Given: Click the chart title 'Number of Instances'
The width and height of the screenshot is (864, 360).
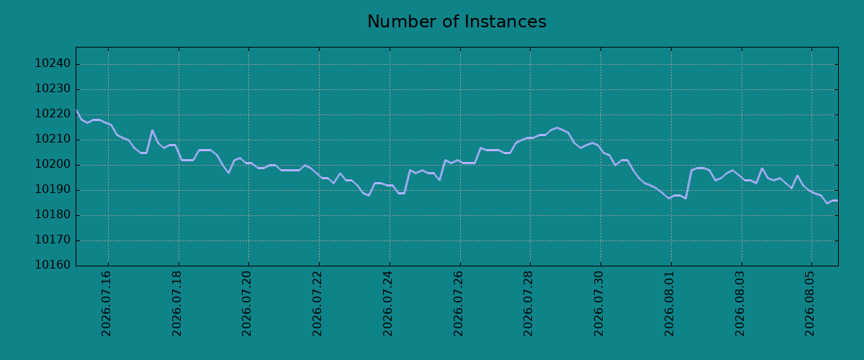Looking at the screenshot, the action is click(x=456, y=22).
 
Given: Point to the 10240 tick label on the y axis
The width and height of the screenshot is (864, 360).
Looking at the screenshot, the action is click(x=53, y=63).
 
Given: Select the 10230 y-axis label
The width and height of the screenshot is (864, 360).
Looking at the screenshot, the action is click(x=53, y=89).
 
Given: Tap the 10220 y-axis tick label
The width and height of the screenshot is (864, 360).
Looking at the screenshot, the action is click(x=53, y=114).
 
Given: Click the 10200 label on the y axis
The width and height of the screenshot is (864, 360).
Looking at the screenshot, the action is click(x=53, y=164).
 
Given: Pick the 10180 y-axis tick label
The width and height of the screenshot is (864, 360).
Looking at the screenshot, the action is click(x=53, y=215).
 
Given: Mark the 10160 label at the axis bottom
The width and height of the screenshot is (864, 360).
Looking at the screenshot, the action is click(x=53, y=265).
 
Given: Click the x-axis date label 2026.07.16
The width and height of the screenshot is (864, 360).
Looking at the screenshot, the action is click(x=106, y=304).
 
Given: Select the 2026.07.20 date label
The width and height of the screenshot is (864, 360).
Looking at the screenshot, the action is click(x=246, y=304).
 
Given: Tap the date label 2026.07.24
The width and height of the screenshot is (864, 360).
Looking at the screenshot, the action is click(x=387, y=304).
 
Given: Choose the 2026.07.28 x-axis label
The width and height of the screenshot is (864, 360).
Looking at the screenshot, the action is click(x=528, y=304).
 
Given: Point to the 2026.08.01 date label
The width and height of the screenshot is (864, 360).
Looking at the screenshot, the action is click(x=669, y=304).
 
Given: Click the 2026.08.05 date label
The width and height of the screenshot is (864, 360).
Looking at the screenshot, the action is click(x=809, y=304).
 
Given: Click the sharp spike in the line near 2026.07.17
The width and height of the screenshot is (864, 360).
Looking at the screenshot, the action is click(x=152, y=130).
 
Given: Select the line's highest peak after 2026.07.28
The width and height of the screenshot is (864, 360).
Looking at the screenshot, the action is click(x=556, y=127).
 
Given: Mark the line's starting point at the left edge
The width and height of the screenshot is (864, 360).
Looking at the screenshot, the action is click(x=76, y=110).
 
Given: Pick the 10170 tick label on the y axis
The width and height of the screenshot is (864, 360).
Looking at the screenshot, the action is click(x=53, y=240).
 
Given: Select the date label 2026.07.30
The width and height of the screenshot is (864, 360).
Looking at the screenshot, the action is click(x=598, y=304).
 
